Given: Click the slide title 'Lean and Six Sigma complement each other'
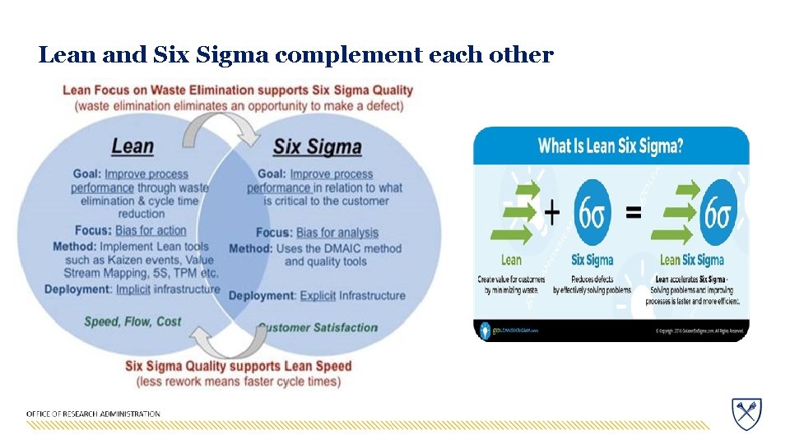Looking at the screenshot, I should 295,55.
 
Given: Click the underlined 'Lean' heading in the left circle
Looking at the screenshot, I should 132,146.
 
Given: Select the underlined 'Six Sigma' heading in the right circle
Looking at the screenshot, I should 317,147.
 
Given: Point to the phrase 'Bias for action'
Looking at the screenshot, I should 151,230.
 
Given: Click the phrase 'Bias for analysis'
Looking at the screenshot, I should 337,233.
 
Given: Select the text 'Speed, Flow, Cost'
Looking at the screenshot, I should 132,321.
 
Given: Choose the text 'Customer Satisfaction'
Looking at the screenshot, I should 318,327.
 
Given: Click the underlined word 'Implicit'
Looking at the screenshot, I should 132,289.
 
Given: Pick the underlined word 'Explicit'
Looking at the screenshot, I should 318,295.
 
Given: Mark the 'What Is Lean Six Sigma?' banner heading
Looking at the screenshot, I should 611,146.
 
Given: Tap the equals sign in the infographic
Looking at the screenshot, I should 634,213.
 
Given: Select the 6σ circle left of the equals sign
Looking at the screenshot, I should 592,212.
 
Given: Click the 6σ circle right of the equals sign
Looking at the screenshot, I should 718,212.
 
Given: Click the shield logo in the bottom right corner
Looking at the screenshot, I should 746,413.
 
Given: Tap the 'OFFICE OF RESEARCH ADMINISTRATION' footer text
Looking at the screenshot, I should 93,414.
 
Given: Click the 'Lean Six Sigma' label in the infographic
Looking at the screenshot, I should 691,260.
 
